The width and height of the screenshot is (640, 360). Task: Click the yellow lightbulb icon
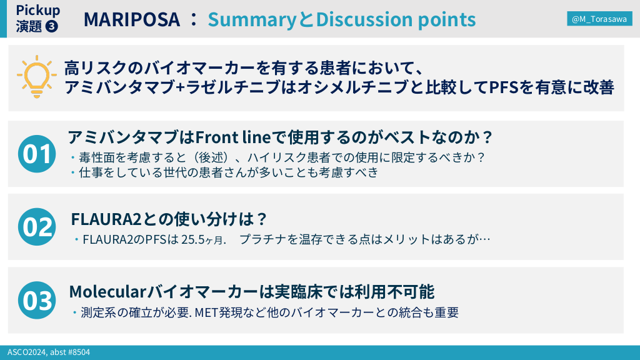(37, 77)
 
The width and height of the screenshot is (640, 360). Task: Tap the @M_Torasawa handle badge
(599, 19)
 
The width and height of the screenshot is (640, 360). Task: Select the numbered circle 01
(37, 154)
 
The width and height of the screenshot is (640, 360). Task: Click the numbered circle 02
(37, 226)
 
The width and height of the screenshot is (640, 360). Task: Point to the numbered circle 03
(37, 300)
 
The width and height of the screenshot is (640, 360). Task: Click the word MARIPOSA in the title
(132, 19)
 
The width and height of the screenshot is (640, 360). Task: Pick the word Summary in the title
(252, 20)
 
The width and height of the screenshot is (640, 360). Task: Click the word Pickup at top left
(38, 10)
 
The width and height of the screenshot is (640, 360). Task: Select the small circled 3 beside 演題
(51, 26)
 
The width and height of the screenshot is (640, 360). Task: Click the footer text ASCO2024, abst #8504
(49, 352)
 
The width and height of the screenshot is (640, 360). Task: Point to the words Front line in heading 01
(233, 137)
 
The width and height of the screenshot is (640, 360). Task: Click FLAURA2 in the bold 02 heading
(106, 219)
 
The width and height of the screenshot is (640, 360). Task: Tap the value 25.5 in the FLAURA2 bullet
(192, 239)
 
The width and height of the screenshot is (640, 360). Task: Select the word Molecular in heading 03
(107, 292)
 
